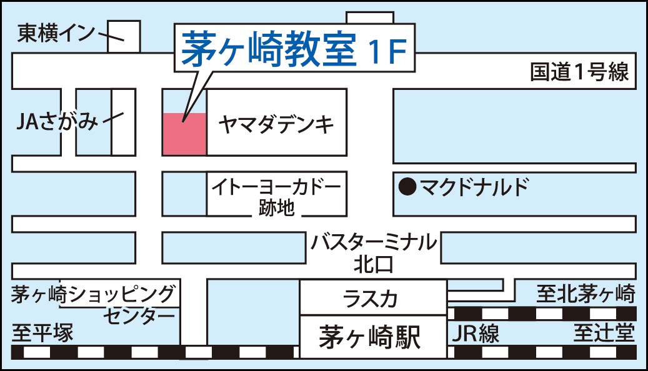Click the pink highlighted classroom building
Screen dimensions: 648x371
click(x=184, y=134)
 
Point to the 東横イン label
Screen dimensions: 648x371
click(x=56, y=32)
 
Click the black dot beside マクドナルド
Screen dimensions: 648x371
click(x=407, y=186)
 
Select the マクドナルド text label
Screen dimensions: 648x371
click(x=474, y=186)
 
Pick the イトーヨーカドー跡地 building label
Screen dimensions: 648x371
click(x=276, y=195)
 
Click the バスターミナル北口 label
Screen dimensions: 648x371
click(x=374, y=252)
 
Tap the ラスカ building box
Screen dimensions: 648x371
click(x=372, y=298)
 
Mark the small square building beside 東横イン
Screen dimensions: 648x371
click(x=124, y=36)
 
